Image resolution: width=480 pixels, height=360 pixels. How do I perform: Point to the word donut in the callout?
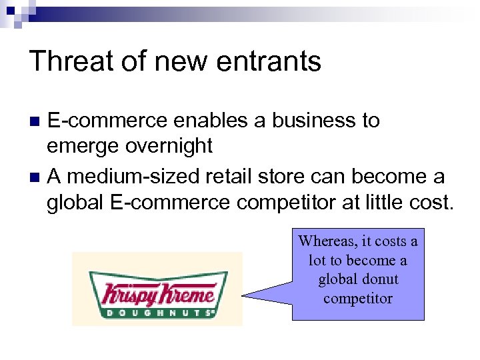pos(377,279)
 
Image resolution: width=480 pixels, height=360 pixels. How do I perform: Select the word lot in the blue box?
pos(317,260)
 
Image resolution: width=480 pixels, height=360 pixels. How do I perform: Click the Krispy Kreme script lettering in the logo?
pos(157,292)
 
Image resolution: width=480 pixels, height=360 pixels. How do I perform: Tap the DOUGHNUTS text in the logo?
pos(157,311)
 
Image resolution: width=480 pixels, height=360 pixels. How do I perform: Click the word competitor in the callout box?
pos(358,298)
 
